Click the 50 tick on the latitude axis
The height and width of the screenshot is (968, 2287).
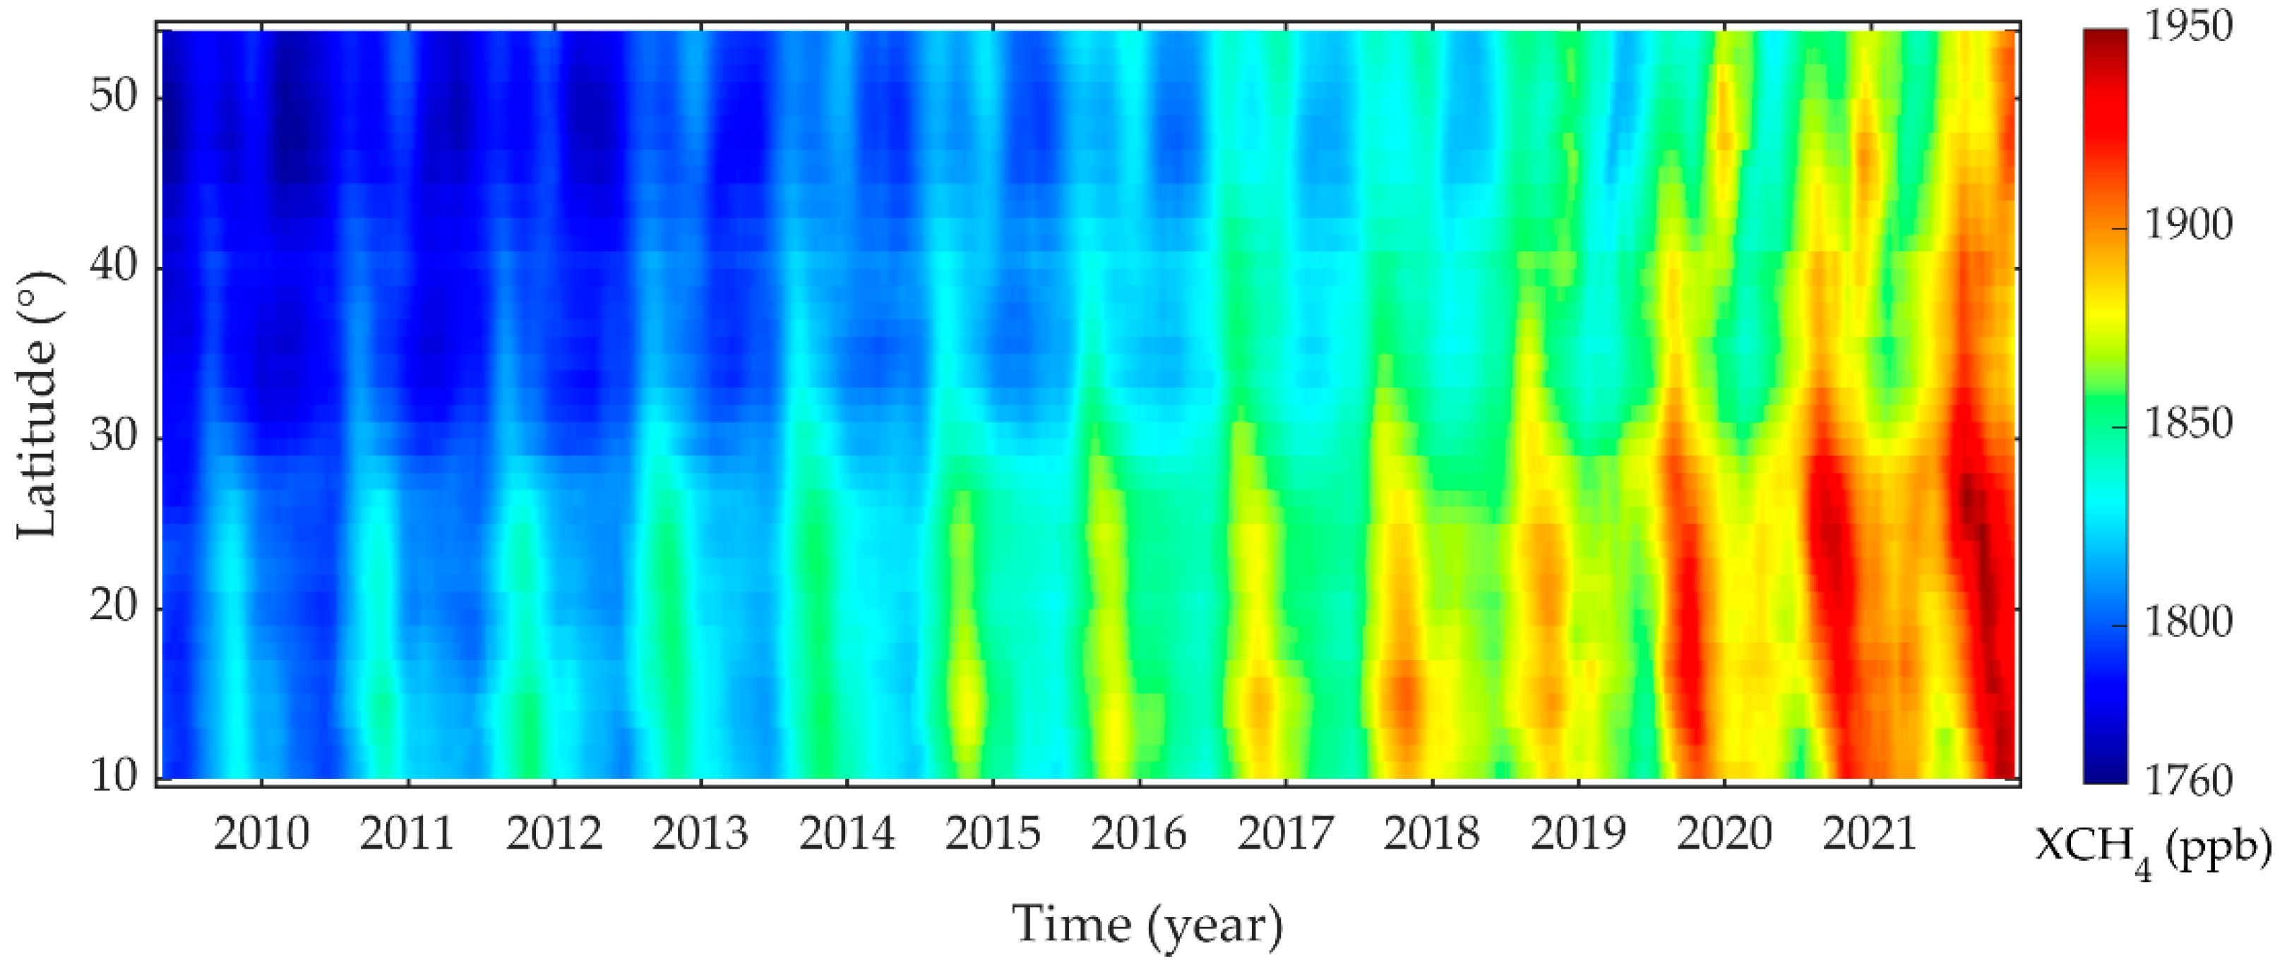point(114,97)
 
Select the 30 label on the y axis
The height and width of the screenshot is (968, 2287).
point(114,438)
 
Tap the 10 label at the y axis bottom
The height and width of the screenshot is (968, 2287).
point(114,777)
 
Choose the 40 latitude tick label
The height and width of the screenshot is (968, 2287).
point(114,266)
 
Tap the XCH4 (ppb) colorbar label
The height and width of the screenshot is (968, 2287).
point(2152,851)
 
